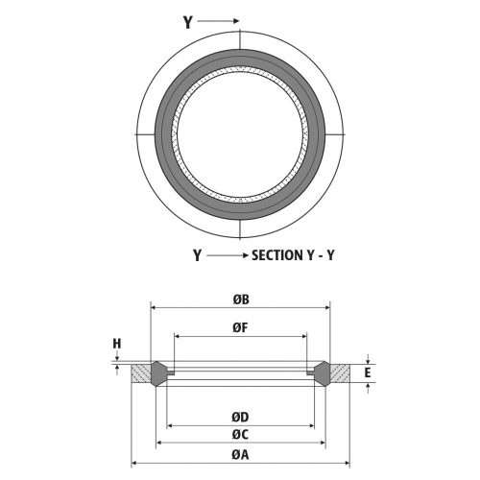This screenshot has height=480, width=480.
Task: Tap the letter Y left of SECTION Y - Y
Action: (197, 256)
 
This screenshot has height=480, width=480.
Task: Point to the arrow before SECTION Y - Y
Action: (227, 256)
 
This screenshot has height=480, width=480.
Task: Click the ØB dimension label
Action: (241, 299)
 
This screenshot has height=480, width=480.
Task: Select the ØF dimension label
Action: (241, 326)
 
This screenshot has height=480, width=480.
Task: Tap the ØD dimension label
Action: (241, 417)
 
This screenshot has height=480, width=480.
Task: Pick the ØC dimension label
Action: (241, 435)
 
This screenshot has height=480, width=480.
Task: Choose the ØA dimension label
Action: (241, 455)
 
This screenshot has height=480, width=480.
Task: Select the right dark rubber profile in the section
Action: (323, 371)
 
